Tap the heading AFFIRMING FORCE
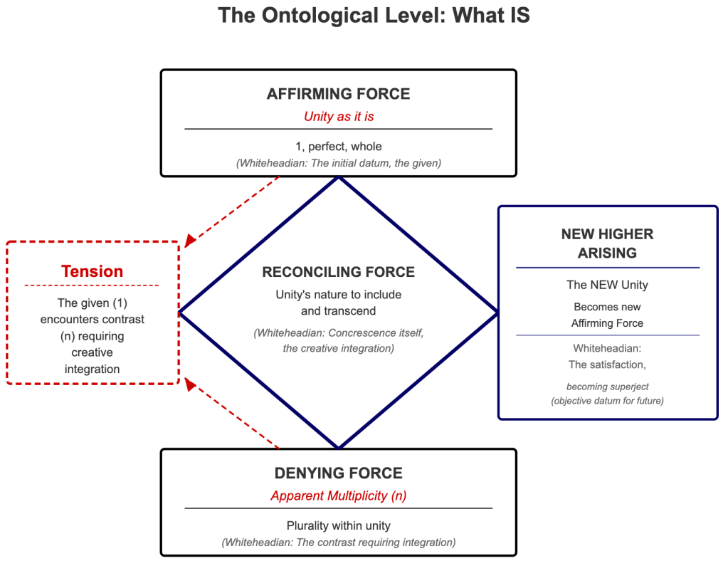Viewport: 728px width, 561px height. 338,94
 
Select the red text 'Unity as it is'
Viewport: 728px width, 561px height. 338,116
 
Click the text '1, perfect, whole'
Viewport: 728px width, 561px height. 338,147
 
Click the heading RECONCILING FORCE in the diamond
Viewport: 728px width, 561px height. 338,272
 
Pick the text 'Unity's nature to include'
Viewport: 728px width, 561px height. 338,294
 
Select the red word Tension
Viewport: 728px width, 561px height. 92,271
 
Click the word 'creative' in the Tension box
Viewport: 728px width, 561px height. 92,352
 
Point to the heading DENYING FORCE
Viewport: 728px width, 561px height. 338,473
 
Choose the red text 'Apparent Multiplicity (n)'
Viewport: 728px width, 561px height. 338,496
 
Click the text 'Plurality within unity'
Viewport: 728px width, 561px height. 338,526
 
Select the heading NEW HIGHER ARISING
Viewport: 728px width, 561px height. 607,243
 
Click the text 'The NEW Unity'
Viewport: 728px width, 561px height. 607,285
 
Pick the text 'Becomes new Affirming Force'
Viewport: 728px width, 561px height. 607,315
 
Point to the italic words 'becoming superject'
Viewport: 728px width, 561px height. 607,387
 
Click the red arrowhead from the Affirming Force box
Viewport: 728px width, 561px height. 189,242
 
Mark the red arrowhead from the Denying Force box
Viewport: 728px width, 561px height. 189,384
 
